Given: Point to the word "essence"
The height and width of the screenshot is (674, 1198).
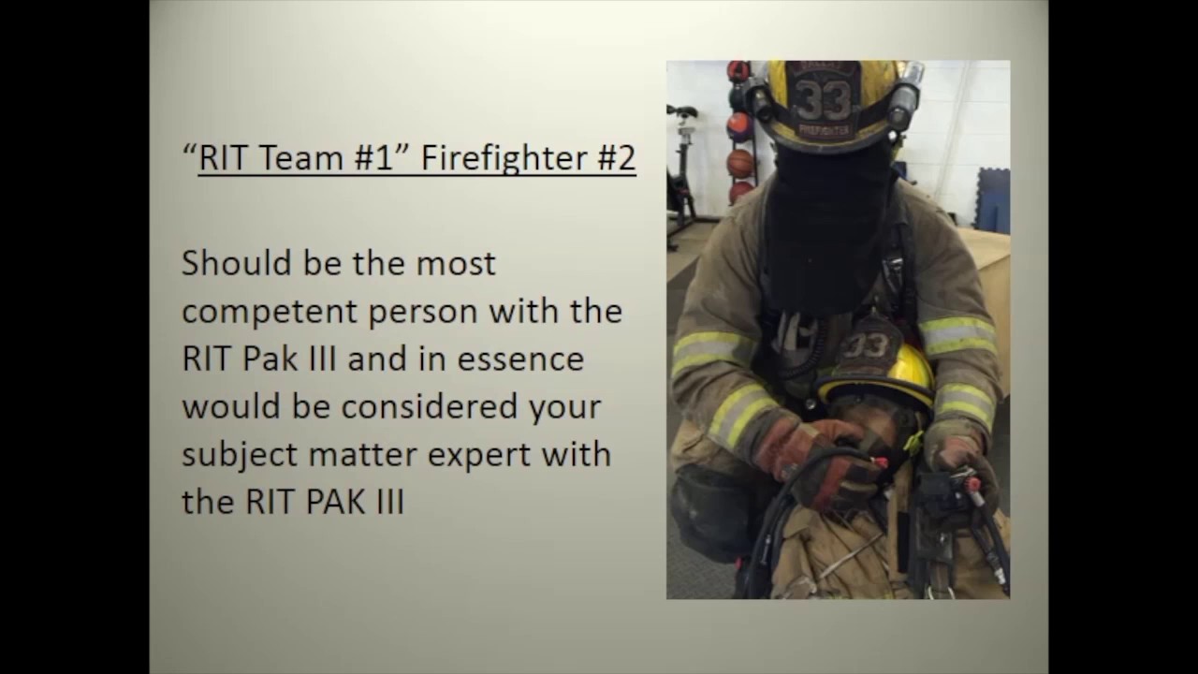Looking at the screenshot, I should point(528,359).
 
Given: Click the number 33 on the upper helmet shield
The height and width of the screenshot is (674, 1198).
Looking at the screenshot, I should point(824,98).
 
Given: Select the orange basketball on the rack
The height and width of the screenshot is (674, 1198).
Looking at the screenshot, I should point(740,163).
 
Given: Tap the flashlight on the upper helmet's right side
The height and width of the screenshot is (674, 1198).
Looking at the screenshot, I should point(905,99).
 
